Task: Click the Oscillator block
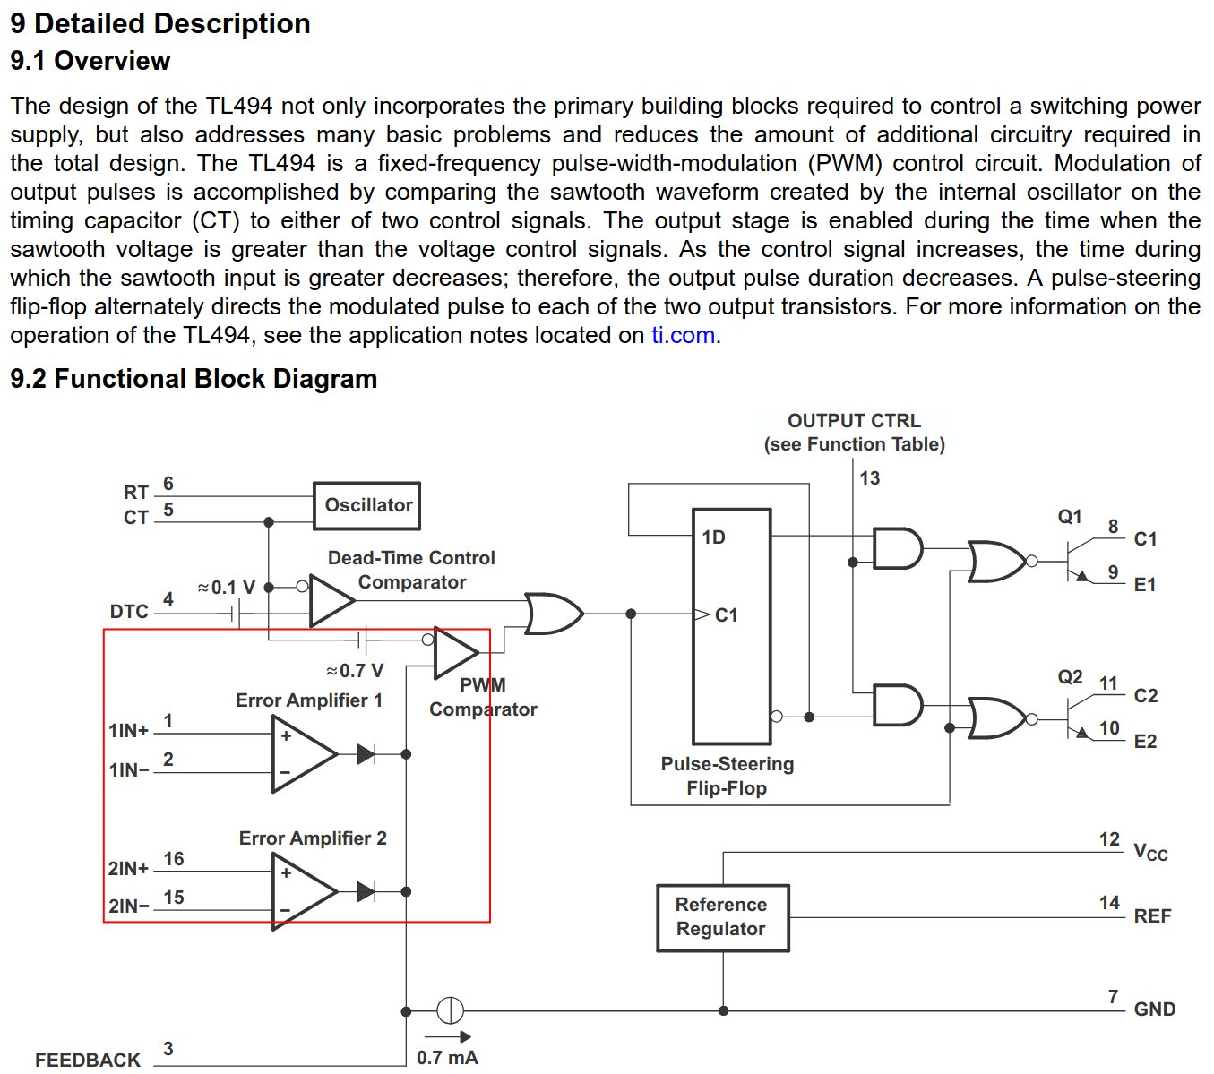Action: point(366,505)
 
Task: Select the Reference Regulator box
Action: point(722,917)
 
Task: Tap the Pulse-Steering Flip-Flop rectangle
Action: point(731,626)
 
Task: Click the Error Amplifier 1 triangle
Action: point(301,754)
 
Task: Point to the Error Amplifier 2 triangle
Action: point(301,891)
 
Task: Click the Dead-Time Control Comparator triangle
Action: point(329,599)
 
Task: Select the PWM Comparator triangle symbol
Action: point(453,652)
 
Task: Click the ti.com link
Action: point(683,335)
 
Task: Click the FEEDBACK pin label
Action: point(88,1060)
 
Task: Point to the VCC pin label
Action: point(1150,852)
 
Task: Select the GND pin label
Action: point(1154,1010)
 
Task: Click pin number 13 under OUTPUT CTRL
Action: point(869,478)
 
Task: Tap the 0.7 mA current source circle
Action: point(450,1010)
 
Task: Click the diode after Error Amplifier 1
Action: point(366,754)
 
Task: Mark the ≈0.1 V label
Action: point(227,588)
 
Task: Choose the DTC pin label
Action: point(129,612)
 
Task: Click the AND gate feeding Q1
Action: point(897,548)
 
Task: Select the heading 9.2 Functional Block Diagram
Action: point(194,379)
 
